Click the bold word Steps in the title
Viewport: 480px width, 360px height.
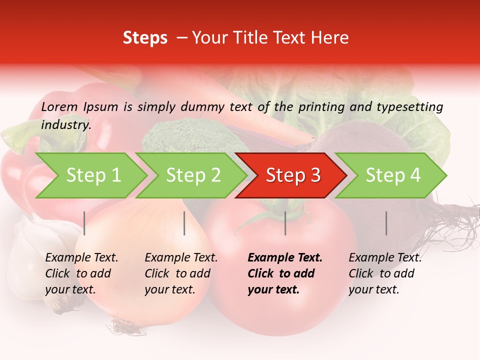[145, 38]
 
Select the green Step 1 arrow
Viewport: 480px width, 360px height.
[92, 175]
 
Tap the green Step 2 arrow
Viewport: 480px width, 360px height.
[192, 175]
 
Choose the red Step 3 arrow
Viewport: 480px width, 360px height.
[292, 175]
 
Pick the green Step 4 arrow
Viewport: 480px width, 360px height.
[392, 175]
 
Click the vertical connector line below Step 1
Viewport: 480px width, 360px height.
[84, 223]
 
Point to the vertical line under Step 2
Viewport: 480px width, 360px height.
[184, 223]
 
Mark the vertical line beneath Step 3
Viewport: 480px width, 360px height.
[285, 223]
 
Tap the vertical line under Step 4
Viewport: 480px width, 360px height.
[386, 223]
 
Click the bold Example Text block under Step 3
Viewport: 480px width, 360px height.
[284, 273]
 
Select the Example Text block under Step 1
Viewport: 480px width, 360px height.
[81, 273]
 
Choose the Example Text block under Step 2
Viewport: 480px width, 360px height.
[181, 273]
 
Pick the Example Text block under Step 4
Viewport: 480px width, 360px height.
[385, 273]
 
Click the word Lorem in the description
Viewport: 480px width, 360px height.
[59, 107]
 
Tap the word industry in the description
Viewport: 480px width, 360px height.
[65, 125]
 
